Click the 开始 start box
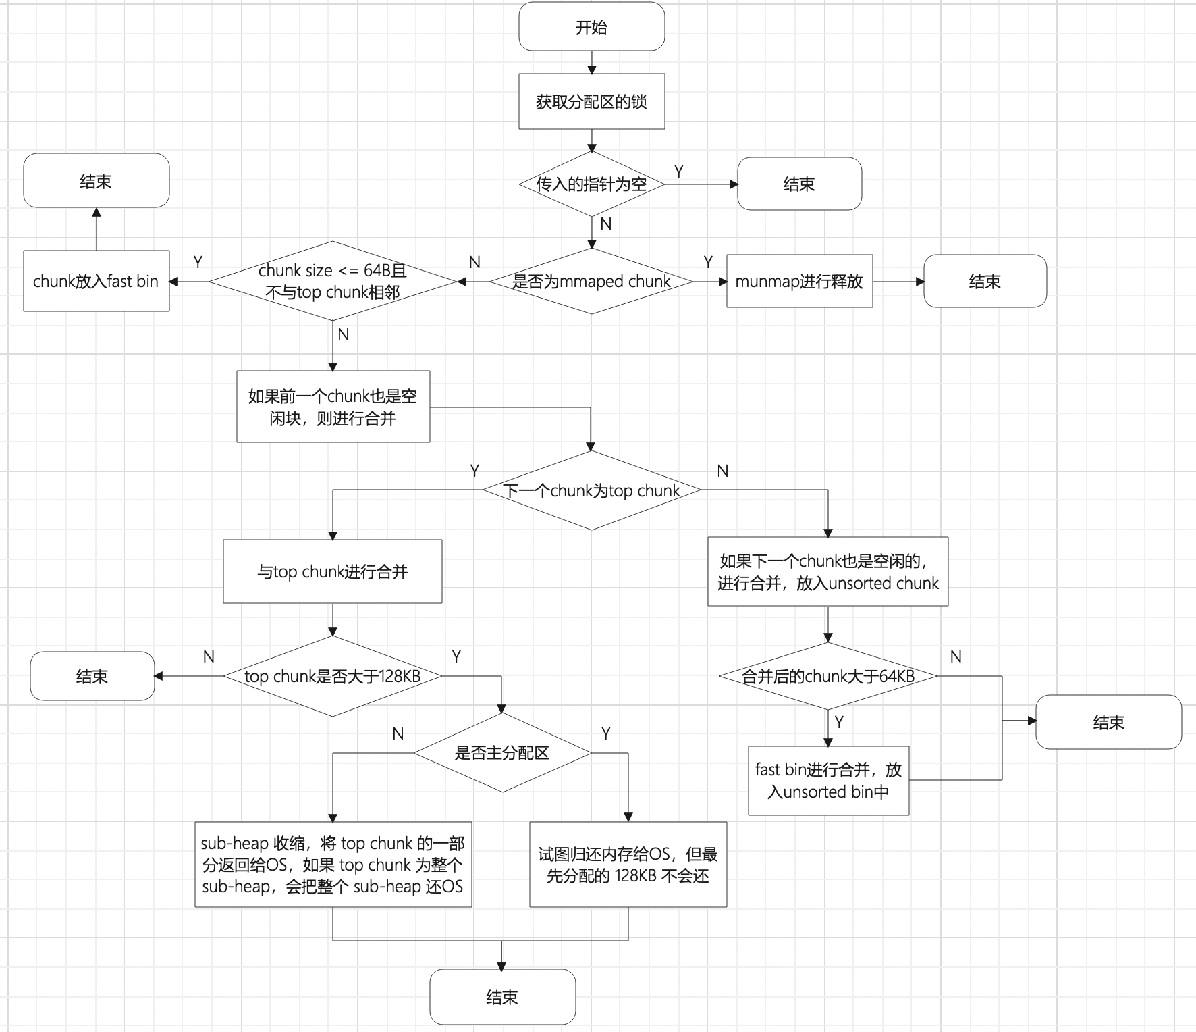tap(591, 27)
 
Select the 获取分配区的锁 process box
tap(591, 101)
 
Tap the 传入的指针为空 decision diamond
tap(591, 184)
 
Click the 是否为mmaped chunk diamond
tap(591, 281)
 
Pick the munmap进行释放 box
tap(799, 281)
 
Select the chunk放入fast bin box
tap(96, 281)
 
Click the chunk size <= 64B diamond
tap(333, 281)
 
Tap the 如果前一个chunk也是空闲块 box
tap(333, 407)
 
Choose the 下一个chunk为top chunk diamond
tap(591, 490)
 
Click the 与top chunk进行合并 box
tap(333, 571)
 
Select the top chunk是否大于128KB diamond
tap(333, 676)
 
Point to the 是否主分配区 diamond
tap(502, 752)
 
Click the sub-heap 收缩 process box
tap(333, 865)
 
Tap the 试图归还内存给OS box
tap(628, 865)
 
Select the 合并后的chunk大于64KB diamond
tap(828, 676)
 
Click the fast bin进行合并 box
tap(828, 780)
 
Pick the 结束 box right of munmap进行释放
tap(985, 281)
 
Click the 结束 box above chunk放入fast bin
tap(96, 180)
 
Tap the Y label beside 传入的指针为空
tap(679, 172)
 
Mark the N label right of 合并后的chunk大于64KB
tap(956, 656)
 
